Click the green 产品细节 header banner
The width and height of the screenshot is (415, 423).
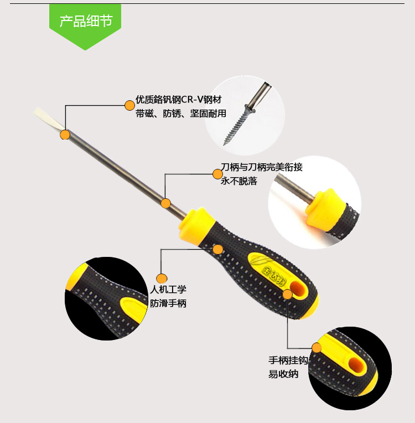85,22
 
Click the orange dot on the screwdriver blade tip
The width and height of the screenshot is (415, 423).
65,134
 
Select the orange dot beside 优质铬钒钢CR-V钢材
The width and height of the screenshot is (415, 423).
129,105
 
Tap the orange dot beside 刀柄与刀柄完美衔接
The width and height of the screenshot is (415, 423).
217,174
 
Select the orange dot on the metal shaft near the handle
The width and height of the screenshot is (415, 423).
165,203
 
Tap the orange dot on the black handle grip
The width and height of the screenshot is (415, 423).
218,249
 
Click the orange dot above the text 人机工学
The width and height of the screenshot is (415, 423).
162,278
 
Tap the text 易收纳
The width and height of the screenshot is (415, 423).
283,374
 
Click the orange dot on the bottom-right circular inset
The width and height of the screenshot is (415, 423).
317,348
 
